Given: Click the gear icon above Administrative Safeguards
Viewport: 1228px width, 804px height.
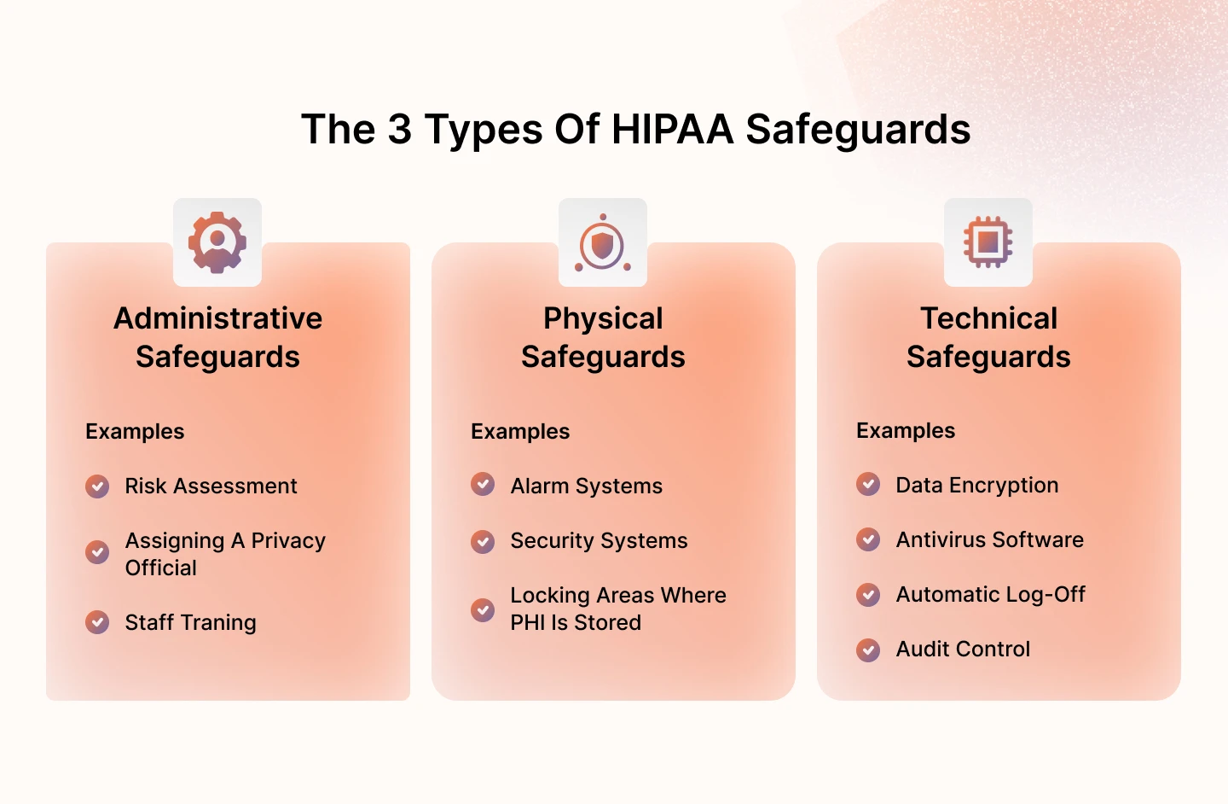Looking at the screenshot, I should (x=217, y=242).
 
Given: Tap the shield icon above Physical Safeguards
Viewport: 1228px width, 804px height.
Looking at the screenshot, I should (x=603, y=246).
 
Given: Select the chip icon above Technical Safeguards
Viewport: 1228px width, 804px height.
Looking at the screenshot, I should (x=988, y=242).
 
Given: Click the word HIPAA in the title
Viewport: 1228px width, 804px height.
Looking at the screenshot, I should (x=672, y=130).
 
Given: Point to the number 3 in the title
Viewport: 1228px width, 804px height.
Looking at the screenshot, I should (x=400, y=130).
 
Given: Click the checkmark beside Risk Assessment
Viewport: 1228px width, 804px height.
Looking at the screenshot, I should (x=97, y=486).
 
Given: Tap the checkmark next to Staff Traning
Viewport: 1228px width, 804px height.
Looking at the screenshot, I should (x=97, y=622).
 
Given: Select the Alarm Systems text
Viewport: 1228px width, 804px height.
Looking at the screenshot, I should (x=586, y=486).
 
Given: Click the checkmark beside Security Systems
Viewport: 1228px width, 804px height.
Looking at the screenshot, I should (x=483, y=541).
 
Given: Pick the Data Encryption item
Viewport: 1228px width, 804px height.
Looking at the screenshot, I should (x=976, y=486).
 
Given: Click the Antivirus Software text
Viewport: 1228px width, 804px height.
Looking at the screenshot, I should (x=989, y=540).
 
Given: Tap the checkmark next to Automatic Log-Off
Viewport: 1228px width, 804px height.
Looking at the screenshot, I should (x=868, y=595).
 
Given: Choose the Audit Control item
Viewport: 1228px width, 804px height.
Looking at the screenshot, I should (x=963, y=650).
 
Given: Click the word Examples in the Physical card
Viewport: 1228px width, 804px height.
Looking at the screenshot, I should (x=520, y=432).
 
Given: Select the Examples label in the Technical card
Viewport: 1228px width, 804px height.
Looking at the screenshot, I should (x=906, y=431).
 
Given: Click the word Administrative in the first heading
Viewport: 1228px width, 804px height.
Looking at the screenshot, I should (x=218, y=318).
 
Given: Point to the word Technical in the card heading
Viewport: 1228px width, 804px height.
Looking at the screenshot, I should (x=988, y=318).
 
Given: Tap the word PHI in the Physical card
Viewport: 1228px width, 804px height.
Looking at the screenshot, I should (x=527, y=623).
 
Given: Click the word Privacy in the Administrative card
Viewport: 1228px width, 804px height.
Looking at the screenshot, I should (x=288, y=541).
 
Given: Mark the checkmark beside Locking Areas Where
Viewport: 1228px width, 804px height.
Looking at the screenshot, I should (x=483, y=609).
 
